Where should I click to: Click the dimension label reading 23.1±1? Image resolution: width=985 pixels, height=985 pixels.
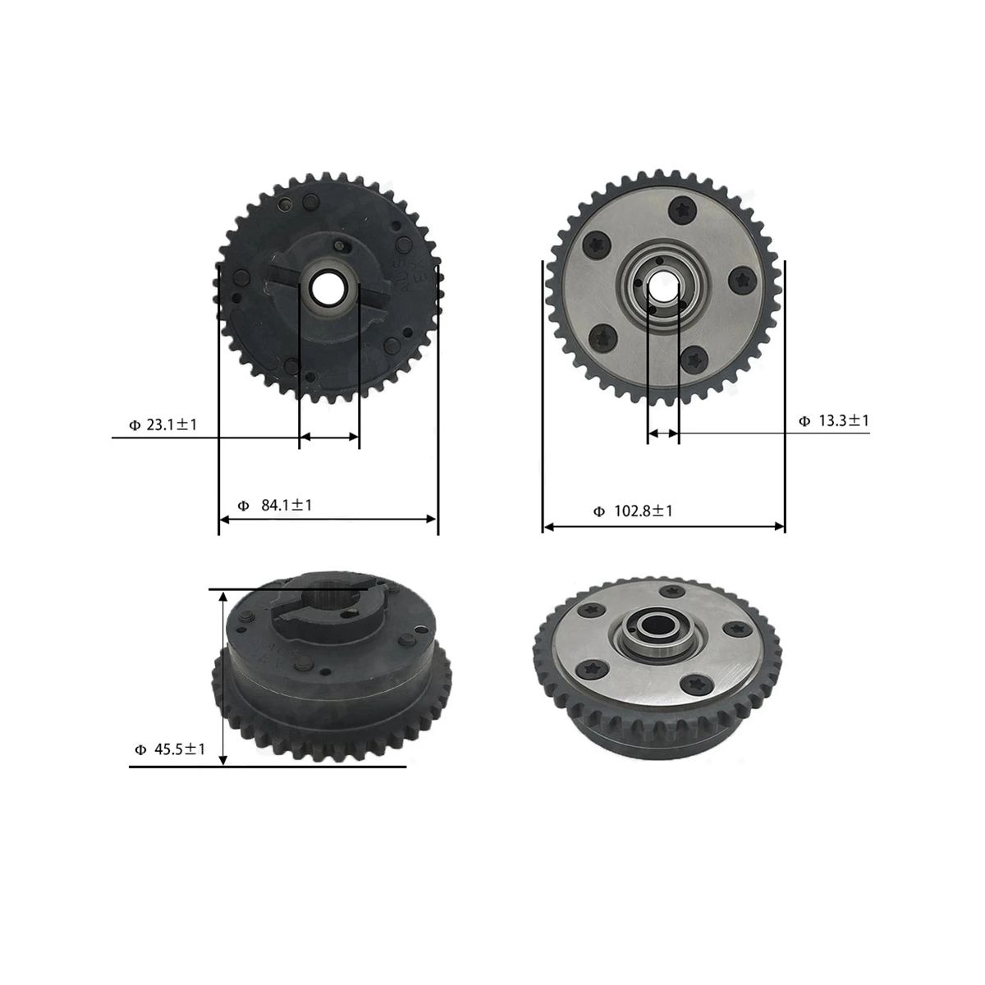pos(172,424)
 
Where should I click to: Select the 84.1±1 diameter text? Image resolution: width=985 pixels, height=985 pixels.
pos(286,506)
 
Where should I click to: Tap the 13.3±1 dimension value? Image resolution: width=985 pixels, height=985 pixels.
pos(844,421)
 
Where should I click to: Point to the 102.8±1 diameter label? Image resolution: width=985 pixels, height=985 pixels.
pos(643,511)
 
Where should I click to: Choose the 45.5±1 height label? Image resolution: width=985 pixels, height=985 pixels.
pos(180,749)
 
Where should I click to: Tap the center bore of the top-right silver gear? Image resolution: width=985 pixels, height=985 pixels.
pos(663,286)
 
